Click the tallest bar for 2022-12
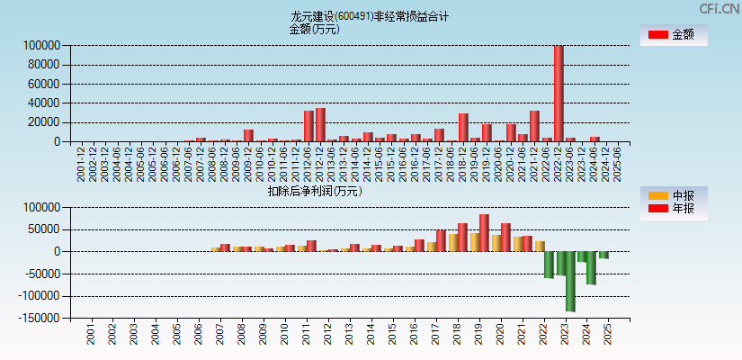[x=559, y=94]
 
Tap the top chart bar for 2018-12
[x=463, y=128]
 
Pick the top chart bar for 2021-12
[x=534, y=126]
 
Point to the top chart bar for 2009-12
[x=248, y=136]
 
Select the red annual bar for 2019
[x=484, y=233]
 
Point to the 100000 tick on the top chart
[x=42, y=45]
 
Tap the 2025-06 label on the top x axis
[x=618, y=163]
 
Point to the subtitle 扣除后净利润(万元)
[x=314, y=191]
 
